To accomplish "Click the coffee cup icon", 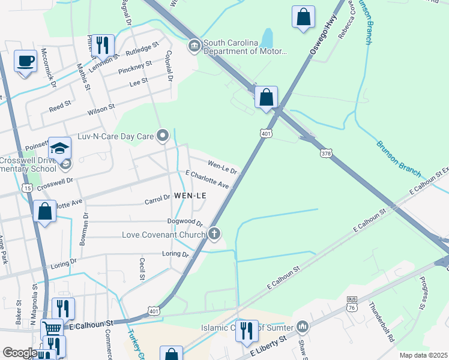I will [25, 61].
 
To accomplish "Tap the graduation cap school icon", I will [60, 148].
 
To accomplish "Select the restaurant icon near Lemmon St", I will [103, 45].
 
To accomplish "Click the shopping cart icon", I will [52, 329].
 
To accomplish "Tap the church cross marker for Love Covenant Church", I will [214, 234].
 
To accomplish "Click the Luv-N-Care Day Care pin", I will [161, 136].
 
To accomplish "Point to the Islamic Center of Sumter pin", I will [302, 327].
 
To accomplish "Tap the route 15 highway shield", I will [27, 188].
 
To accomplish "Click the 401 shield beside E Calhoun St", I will [154, 311].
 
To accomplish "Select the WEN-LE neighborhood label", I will [190, 196].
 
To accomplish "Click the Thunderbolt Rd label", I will [382, 322].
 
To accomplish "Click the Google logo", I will [20, 353].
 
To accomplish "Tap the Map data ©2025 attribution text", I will [423, 355].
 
